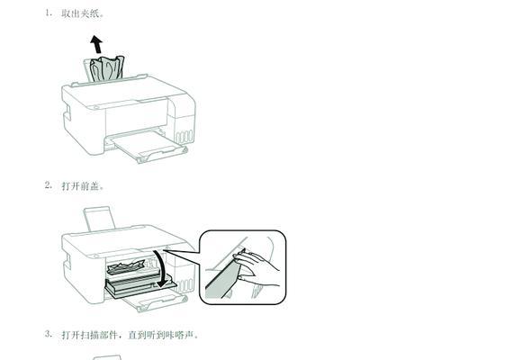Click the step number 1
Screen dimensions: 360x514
tap(48, 14)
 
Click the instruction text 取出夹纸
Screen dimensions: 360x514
tap(81, 14)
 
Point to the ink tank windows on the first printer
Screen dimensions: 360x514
tap(184, 138)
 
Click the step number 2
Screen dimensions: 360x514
tap(48, 185)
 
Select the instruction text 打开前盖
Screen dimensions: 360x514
tap(83, 186)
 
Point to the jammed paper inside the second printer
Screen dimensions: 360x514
tap(125, 267)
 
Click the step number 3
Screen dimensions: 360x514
tap(48, 334)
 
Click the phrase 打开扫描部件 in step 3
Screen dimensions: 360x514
tap(94, 335)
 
